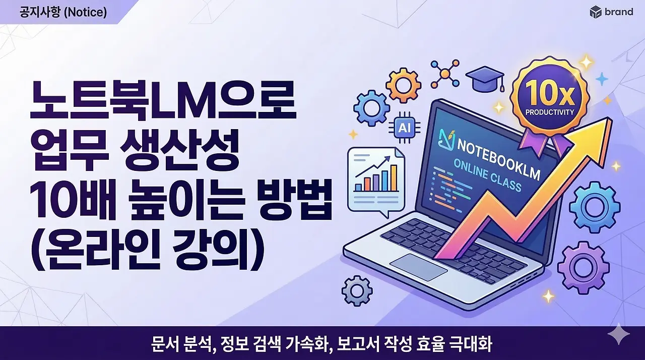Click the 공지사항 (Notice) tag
[63, 12]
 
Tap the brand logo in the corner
[611, 12]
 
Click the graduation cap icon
[484, 80]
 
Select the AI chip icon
[404, 128]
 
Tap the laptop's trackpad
[418, 267]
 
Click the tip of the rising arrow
[607, 124]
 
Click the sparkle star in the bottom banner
[619, 335]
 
